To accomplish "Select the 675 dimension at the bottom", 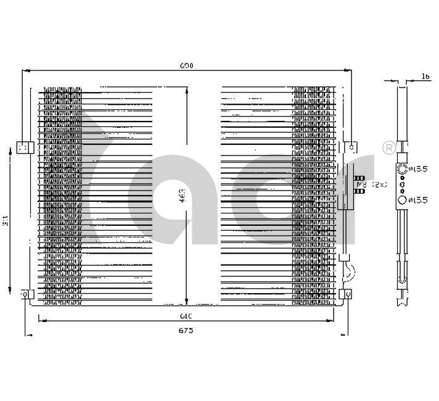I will click(x=187, y=331).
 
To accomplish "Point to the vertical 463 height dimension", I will click(x=182, y=194).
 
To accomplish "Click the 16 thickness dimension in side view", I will click(x=425, y=76).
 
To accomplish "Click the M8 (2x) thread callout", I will click(x=371, y=184).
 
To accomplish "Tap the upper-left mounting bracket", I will click(x=23, y=147).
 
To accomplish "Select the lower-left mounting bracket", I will click(x=25, y=294).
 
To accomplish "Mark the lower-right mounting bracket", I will click(x=347, y=294).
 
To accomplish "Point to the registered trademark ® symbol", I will click(x=388, y=147).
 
